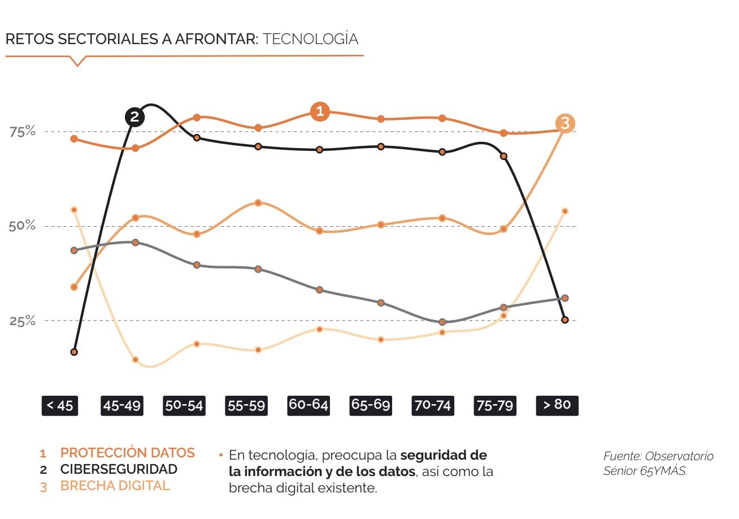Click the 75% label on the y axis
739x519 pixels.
tap(23, 132)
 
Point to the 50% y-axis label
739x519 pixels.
tap(23, 226)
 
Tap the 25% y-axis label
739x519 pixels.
tap(23, 321)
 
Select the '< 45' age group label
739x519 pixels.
tap(59, 405)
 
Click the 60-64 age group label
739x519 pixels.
tap(308, 405)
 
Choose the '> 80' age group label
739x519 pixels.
tap(557, 405)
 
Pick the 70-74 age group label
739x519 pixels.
tap(433, 405)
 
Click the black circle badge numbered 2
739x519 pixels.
tap(134, 117)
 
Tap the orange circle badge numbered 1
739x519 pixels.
tap(320, 111)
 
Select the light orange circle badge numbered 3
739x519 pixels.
tap(565, 123)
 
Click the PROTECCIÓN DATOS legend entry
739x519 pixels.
tap(127, 453)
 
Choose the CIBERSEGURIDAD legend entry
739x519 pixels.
tap(119, 469)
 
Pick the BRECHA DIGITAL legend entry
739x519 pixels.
tap(115, 486)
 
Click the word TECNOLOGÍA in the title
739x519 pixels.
tap(311, 39)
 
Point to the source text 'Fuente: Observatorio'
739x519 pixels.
tap(658, 456)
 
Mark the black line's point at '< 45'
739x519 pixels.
tap(74, 352)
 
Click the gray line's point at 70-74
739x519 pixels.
tap(442, 322)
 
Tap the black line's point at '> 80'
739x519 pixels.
tap(565, 320)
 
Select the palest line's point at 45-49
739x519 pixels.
tap(136, 360)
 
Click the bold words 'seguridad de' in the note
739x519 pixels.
tap(444, 455)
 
